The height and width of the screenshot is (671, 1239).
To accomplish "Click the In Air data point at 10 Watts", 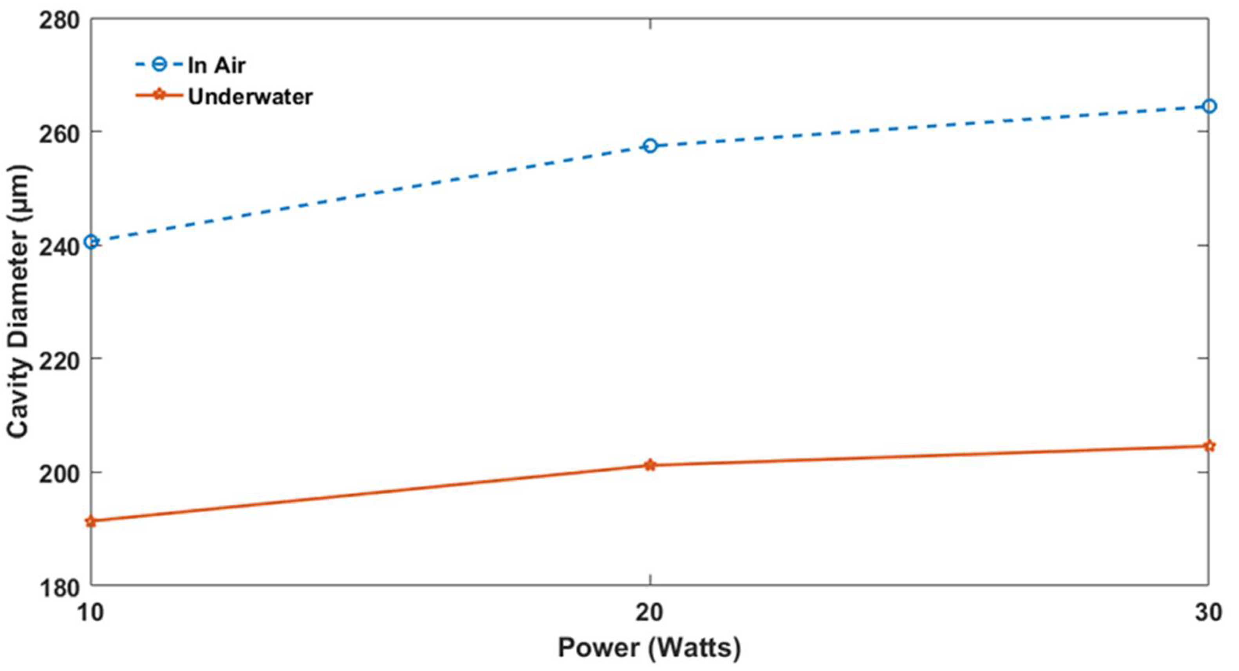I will click(91, 242).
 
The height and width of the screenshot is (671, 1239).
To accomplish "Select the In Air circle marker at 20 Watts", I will click(650, 146).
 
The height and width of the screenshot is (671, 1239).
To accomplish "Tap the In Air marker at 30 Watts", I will click(1209, 106).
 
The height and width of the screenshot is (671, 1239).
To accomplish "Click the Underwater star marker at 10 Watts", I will click(91, 521).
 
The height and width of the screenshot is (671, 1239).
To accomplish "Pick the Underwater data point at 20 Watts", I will click(650, 465).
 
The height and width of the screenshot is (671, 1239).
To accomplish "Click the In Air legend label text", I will click(217, 65).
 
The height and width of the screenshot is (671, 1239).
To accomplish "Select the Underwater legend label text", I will click(250, 97).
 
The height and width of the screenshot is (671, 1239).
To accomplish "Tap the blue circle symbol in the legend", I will click(160, 65).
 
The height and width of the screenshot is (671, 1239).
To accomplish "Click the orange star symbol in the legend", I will click(160, 96).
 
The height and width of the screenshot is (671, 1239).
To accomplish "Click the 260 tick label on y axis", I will click(59, 133).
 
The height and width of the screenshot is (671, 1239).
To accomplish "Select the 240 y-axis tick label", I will click(59, 247).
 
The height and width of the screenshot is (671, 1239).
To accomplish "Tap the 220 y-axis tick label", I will click(59, 360).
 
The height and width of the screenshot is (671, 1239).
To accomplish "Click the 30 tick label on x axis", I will click(1208, 613).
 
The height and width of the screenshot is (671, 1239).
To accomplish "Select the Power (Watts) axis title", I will click(649, 647).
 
